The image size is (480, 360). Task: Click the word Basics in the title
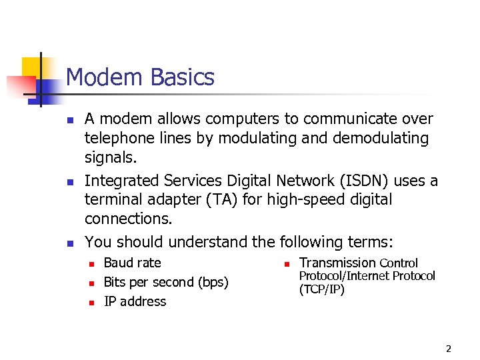pyautogui.click(x=183, y=78)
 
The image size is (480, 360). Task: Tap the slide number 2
pyautogui.click(x=448, y=349)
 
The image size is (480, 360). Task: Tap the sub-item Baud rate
pyautogui.click(x=132, y=263)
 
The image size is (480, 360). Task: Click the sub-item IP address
pyautogui.click(x=135, y=301)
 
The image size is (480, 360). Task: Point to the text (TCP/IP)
pyautogui.click(x=322, y=289)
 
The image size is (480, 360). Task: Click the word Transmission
pyautogui.click(x=337, y=263)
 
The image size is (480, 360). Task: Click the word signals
pyautogui.click(x=109, y=157)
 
